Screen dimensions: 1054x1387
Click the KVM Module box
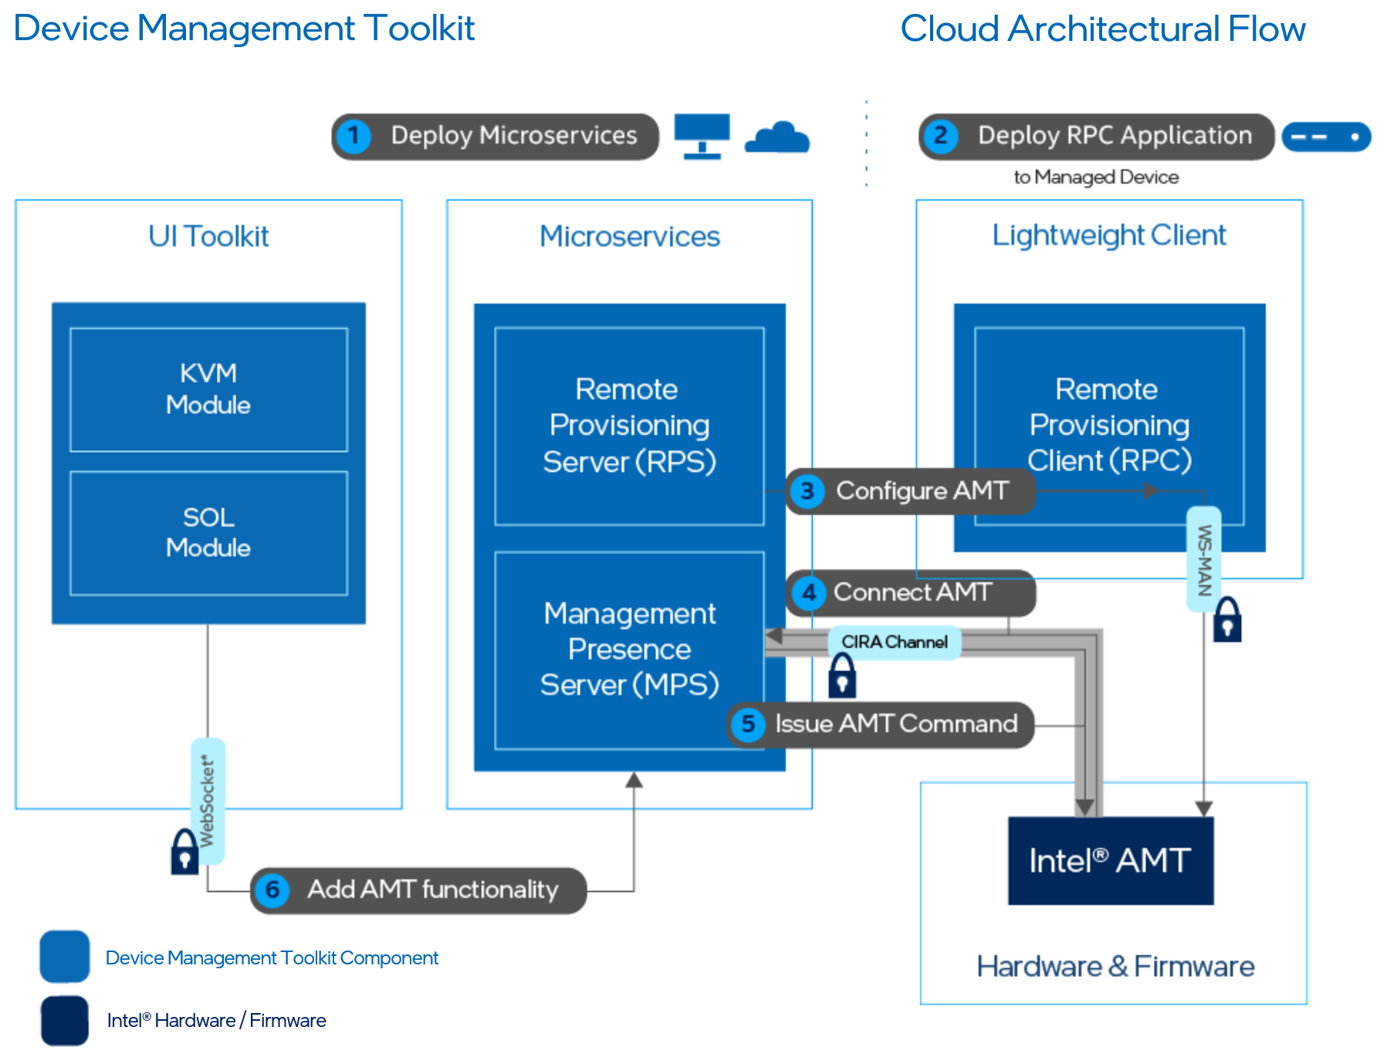coord(208,389)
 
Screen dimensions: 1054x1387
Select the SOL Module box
coord(208,533)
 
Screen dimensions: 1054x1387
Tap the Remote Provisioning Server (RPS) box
coord(629,425)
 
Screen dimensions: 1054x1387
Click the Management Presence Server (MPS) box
coord(629,649)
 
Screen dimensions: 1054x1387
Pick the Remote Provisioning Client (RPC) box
coord(1109,425)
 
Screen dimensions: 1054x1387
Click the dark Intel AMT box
coord(1110,860)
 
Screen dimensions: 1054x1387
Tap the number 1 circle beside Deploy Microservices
coord(354,137)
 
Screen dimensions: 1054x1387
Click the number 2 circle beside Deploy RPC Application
coord(940,137)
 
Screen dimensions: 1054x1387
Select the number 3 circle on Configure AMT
coord(807,491)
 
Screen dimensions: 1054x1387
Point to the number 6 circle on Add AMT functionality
coord(272,890)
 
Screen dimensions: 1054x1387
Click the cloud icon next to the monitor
coord(777,138)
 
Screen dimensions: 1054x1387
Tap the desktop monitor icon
coord(702,136)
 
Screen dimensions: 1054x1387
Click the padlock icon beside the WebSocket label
coord(184,852)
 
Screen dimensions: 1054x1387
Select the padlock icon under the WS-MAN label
coord(1227,619)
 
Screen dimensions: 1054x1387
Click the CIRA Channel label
coord(894,642)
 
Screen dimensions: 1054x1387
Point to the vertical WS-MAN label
coord(1204,559)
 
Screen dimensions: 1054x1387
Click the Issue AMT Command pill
coord(881,724)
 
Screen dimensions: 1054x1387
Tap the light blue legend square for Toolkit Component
coord(65,957)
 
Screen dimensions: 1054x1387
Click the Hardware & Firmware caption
coord(1115,966)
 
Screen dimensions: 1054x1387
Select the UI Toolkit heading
coord(208,236)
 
